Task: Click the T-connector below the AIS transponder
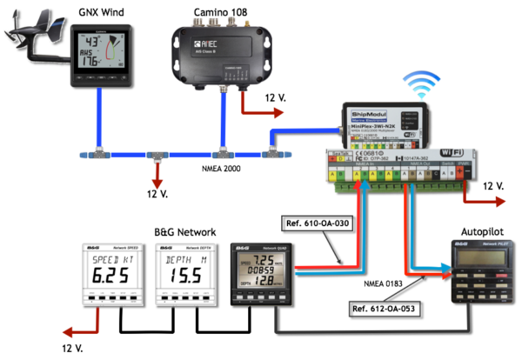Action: coord(224,154)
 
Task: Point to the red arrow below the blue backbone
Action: coord(157,181)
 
